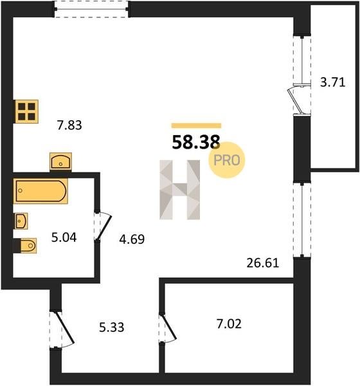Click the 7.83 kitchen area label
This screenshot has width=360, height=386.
69,125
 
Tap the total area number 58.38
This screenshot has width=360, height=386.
195,143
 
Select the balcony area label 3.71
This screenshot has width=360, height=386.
333,82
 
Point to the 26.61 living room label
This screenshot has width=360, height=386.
262,263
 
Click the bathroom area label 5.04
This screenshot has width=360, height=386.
64,237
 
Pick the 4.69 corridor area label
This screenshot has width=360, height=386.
132,239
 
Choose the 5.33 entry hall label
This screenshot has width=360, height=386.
111,327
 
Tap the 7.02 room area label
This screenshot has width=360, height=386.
229,324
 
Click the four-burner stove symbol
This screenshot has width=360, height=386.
26,111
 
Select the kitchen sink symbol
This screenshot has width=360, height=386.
60,161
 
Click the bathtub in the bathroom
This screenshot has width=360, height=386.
40,191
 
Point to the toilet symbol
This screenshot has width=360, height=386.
25,246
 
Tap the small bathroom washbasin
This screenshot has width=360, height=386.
21,221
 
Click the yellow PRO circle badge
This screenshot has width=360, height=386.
227,160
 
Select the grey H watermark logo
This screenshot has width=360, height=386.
179,190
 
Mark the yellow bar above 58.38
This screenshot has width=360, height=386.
196,125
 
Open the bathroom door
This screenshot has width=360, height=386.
104,227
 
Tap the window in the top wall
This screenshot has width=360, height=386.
91,9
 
